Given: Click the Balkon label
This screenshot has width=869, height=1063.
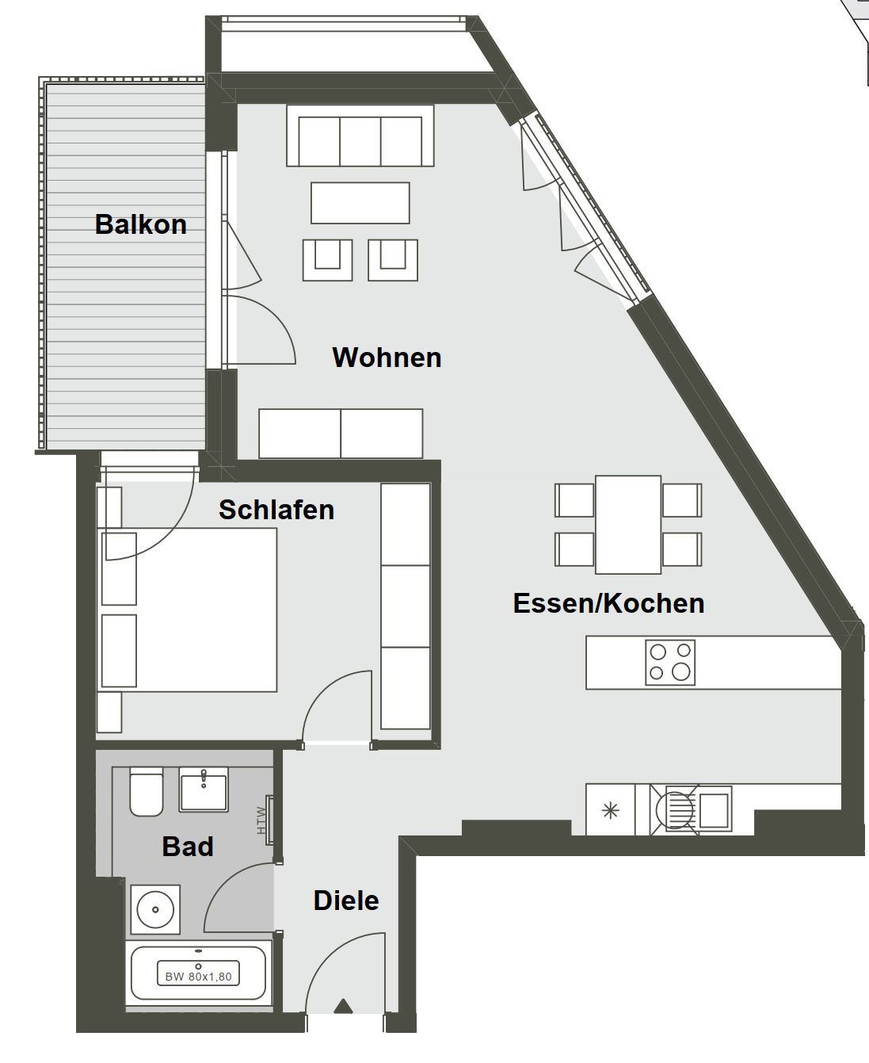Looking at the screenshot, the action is click(x=140, y=224).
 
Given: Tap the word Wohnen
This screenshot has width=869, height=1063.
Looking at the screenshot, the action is click(x=387, y=358).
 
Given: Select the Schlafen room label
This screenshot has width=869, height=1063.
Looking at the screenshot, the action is click(x=276, y=510).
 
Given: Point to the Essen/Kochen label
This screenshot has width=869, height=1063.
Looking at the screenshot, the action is click(x=608, y=603).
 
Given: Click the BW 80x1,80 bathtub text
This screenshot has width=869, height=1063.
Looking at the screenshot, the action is click(x=199, y=977).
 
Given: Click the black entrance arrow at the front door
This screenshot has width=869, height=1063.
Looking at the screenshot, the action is click(x=344, y=1007).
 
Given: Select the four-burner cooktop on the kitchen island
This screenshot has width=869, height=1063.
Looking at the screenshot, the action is click(x=670, y=663).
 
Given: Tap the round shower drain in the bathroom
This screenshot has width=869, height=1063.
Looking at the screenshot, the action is click(x=155, y=910).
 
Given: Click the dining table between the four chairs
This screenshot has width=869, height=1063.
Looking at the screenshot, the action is click(x=628, y=525).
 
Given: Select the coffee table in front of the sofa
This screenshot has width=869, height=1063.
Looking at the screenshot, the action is click(x=360, y=203).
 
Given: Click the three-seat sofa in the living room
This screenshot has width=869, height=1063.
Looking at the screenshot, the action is click(x=360, y=136).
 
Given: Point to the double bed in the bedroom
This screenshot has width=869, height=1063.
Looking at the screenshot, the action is click(x=189, y=610).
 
